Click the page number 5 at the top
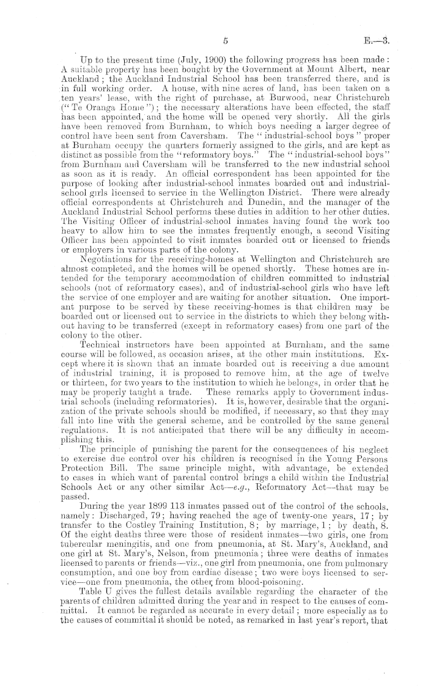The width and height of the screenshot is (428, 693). [226, 42]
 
